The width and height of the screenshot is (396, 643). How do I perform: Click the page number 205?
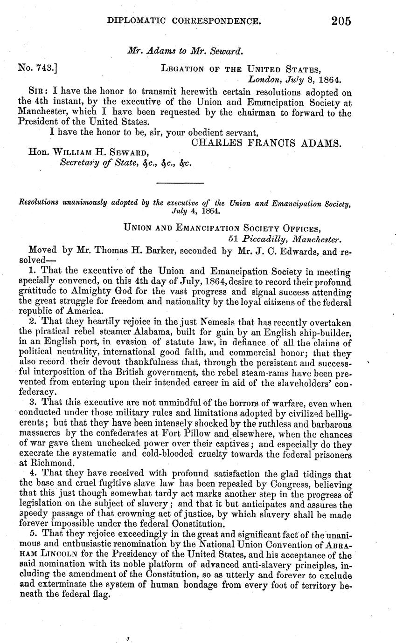click(x=341, y=21)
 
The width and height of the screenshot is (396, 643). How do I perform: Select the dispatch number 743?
click(x=42, y=68)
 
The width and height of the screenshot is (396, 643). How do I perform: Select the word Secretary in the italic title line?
click(x=80, y=164)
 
